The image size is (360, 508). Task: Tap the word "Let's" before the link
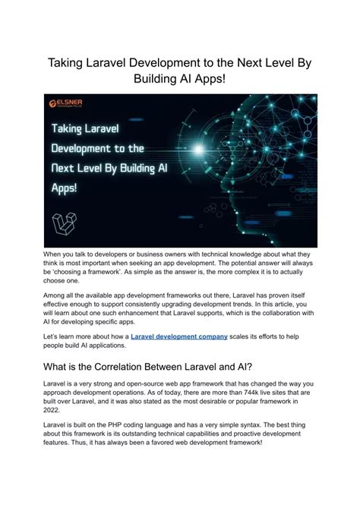pyautogui.click(x=53, y=335)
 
